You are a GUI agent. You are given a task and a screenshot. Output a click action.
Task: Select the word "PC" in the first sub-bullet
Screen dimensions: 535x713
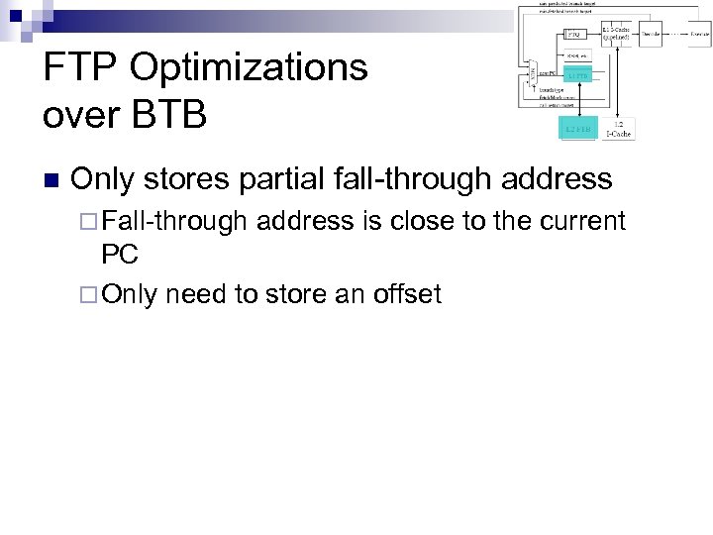pyautogui.click(x=120, y=256)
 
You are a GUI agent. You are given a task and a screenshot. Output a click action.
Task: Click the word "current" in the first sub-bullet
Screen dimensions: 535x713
pyautogui.click(x=579, y=221)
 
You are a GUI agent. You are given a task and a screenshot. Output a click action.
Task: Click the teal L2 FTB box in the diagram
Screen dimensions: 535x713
pyautogui.click(x=577, y=129)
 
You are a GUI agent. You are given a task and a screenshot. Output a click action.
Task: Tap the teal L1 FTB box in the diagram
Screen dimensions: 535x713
pyautogui.click(x=577, y=74)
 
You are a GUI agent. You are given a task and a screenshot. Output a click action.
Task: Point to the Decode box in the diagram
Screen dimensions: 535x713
pyautogui.click(x=651, y=34)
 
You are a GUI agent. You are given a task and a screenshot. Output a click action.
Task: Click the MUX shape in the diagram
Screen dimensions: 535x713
pyautogui.click(x=533, y=72)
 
